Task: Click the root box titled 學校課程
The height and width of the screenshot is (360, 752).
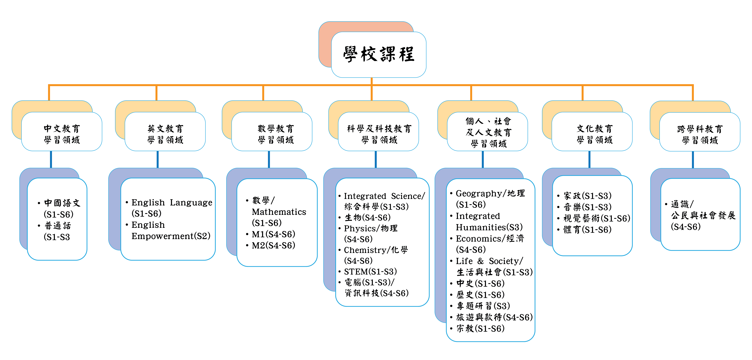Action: click(x=379, y=55)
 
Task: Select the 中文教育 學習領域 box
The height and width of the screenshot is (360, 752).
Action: click(x=62, y=132)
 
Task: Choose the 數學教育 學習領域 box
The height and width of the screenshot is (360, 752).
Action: click(x=272, y=132)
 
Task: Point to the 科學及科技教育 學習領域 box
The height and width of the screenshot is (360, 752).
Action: click(x=378, y=132)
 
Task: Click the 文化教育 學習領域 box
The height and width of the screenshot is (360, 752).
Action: click(x=592, y=132)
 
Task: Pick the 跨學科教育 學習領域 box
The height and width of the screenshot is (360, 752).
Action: click(x=700, y=132)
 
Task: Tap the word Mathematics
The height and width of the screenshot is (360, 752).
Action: click(x=279, y=212)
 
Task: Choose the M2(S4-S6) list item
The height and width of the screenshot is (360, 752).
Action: click(x=274, y=245)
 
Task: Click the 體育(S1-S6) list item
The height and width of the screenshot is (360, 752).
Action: click(x=587, y=230)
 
